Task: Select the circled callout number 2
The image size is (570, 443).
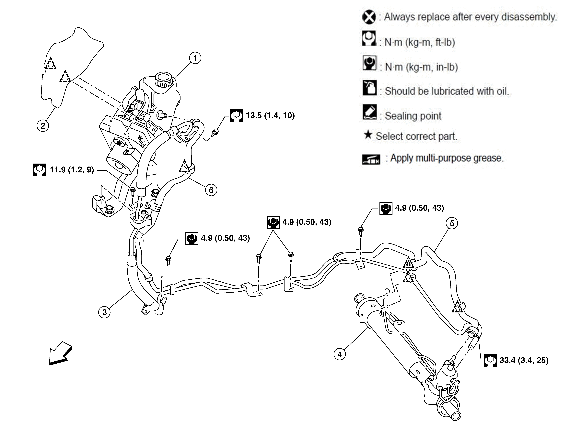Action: click(x=43, y=126)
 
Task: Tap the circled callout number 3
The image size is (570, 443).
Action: click(x=104, y=312)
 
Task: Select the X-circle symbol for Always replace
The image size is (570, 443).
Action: click(x=369, y=17)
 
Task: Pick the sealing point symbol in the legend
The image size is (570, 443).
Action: click(x=370, y=112)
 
